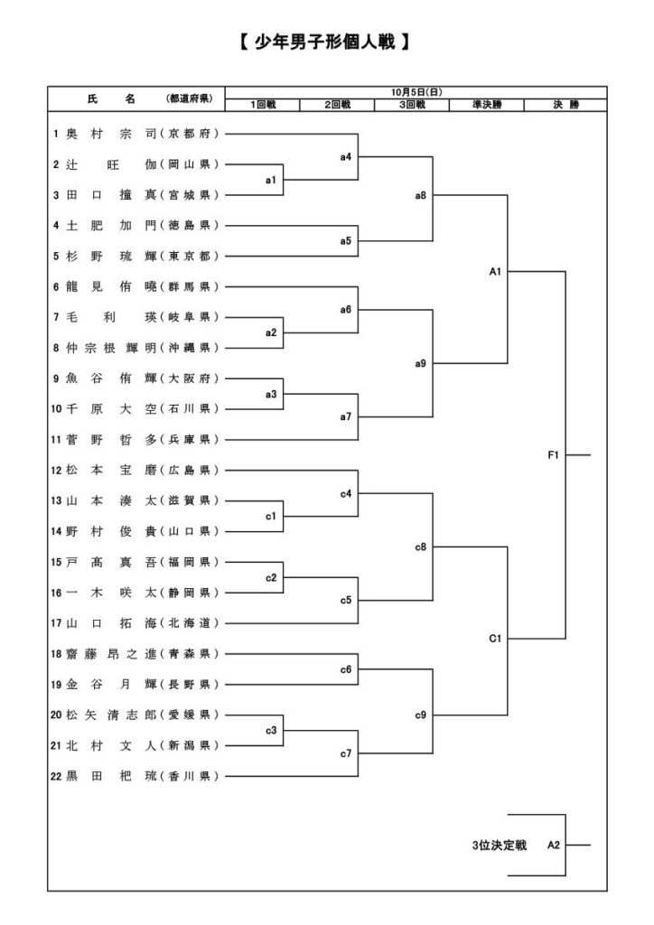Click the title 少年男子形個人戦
[x=327, y=42]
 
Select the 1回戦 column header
[x=263, y=106]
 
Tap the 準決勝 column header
[x=486, y=106]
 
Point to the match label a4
[x=346, y=157]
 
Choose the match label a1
[x=270, y=181]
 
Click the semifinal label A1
[x=495, y=270]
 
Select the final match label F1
[x=554, y=455]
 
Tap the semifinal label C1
[x=495, y=639]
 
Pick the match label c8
[x=421, y=547]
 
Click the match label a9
[x=421, y=363]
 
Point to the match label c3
[x=270, y=731]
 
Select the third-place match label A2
[x=554, y=846]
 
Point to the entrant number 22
[x=59, y=776]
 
